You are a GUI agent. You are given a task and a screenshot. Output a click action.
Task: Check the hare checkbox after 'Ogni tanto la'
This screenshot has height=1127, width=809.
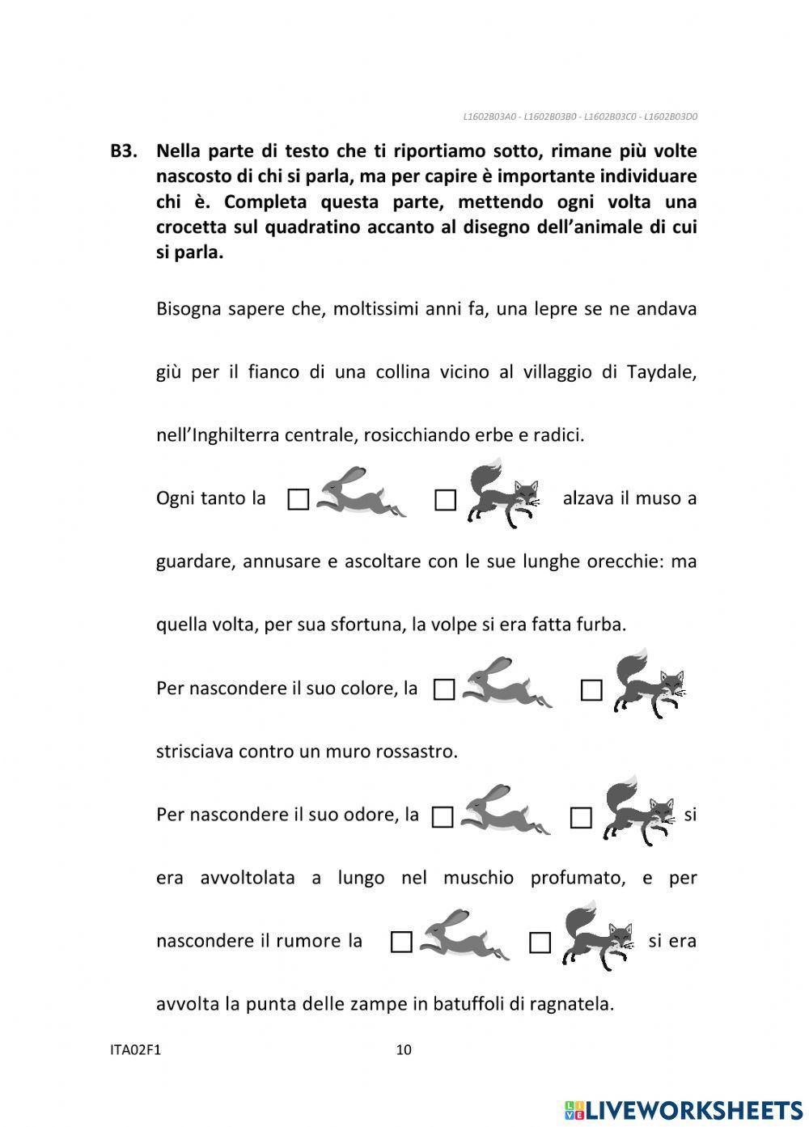[299, 499]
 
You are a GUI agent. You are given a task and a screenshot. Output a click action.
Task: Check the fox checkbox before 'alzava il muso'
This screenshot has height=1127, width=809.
[445, 500]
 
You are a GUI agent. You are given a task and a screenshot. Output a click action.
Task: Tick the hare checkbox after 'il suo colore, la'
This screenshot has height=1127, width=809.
[444, 689]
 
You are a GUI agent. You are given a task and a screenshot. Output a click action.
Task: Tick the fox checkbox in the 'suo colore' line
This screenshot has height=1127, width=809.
[591, 690]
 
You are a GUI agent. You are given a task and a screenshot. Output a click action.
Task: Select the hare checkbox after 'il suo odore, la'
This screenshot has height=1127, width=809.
[443, 817]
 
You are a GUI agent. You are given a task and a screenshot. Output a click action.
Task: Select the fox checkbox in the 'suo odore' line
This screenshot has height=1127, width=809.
[581, 818]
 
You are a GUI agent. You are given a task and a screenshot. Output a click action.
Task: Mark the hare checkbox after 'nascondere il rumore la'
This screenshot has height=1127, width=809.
[401, 942]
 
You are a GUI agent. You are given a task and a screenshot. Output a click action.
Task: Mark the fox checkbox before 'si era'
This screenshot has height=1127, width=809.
[540, 943]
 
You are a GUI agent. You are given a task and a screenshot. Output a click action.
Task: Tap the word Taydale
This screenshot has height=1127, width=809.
[661, 372]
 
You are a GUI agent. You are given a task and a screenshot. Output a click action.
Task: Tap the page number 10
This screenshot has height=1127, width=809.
[404, 1050]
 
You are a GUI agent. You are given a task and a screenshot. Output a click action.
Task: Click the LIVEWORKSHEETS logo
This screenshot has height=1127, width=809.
[684, 1109]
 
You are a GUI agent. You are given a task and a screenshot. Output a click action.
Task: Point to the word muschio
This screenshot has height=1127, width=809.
[478, 878]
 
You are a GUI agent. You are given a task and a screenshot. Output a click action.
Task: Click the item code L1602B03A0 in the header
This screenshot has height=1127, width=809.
[489, 117]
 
